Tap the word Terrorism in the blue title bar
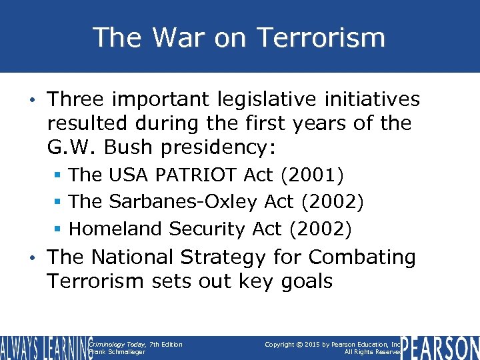click(x=321, y=37)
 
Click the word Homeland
click(x=116, y=229)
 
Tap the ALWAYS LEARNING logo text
click(x=43, y=347)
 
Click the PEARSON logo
click(x=441, y=347)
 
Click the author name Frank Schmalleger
click(x=117, y=352)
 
